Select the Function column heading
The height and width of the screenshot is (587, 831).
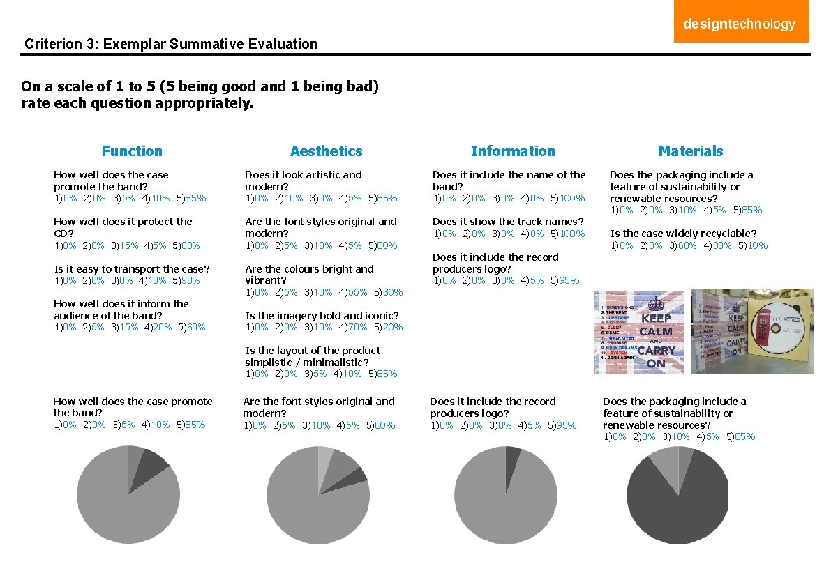pyautogui.click(x=132, y=151)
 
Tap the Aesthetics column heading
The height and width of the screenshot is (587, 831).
pyautogui.click(x=326, y=151)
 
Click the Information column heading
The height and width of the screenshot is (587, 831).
pyautogui.click(x=513, y=151)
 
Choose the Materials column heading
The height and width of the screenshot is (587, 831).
pyautogui.click(x=691, y=151)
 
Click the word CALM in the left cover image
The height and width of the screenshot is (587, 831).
pyautogui.click(x=656, y=331)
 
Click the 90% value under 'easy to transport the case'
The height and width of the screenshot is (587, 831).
pyautogui.click(x=189, y=280)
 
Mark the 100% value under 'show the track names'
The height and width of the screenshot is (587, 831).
pyautogui.click(x=571, y=234)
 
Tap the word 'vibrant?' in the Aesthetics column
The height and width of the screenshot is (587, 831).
pyautogui.click(x=265, y=280)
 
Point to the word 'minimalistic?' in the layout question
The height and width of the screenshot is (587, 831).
pyautogui.click(x=337, y=363)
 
